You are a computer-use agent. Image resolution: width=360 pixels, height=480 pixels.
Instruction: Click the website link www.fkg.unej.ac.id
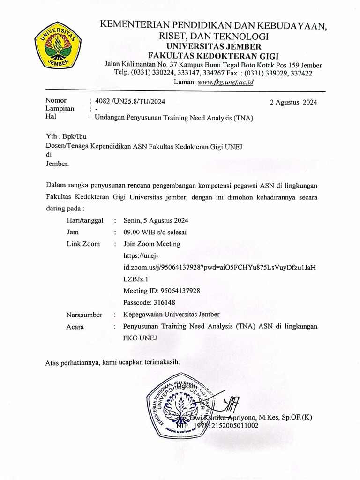click(x=226, y=82)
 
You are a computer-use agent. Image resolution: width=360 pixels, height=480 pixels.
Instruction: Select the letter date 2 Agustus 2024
click(x=293, y=102)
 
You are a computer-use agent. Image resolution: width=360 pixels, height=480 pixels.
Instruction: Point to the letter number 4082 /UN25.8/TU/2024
click(x=130, y=101)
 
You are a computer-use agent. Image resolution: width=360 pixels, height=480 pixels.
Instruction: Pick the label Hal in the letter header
click(x=51, y=118)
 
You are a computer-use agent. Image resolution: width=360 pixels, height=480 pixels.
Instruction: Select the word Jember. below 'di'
click(x=57, y=164)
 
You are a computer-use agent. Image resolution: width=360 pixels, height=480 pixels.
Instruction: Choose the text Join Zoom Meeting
click(x=151, y=244)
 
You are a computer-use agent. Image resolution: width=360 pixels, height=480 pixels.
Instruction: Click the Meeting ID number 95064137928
click(x=180, y=291)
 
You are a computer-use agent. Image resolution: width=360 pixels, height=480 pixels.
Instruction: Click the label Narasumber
click(x=84, y=315)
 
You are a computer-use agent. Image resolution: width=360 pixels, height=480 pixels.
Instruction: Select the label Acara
click(x=75, y=327)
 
